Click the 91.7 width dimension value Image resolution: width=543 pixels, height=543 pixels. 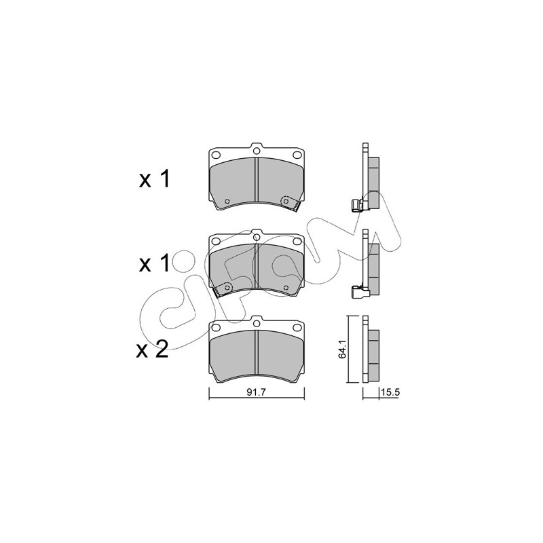256,392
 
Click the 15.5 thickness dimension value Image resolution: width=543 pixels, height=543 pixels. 390,392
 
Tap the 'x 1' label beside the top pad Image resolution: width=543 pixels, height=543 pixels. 155,179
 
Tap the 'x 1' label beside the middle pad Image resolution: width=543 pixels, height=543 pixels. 155,263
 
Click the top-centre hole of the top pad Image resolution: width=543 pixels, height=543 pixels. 257,151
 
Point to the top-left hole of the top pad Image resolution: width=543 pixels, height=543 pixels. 216,155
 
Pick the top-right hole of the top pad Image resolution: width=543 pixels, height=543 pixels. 297,155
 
